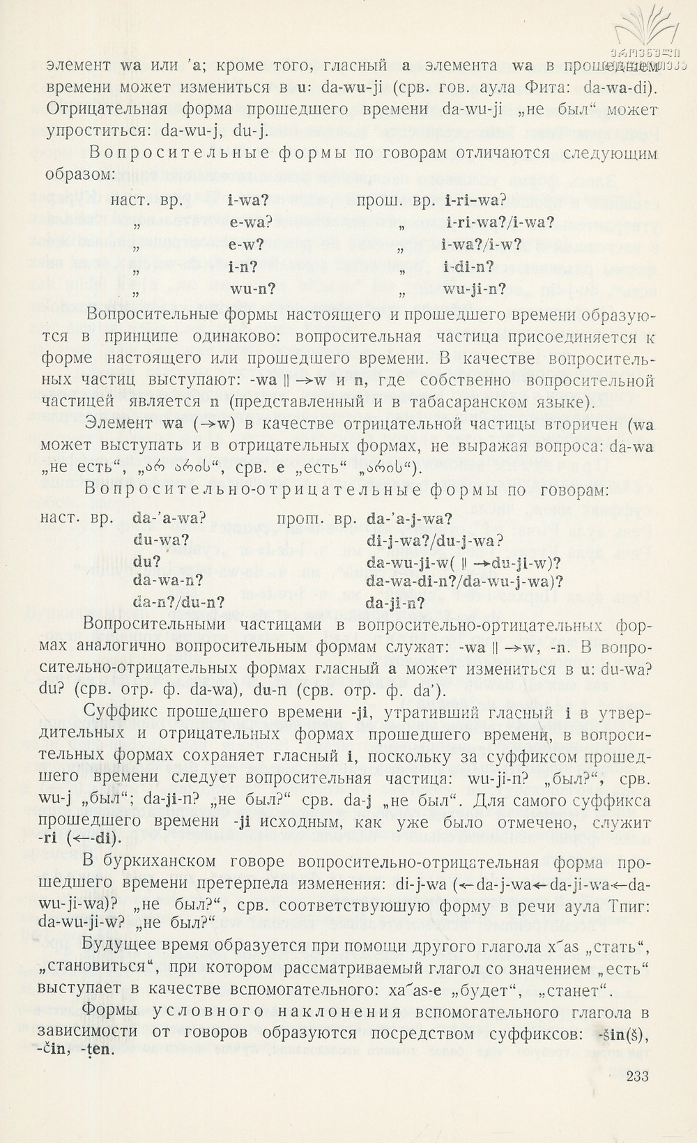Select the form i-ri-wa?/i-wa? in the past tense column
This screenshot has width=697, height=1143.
497,223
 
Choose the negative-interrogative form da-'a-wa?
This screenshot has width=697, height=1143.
167,519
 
